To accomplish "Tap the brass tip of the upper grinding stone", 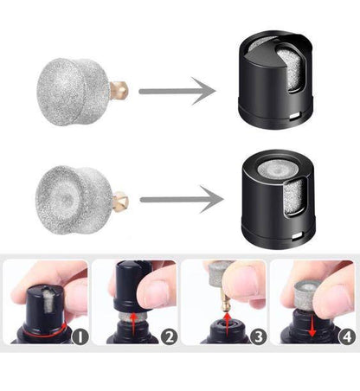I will (x=121, y=87).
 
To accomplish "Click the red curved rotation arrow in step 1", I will (x=39, y=327).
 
